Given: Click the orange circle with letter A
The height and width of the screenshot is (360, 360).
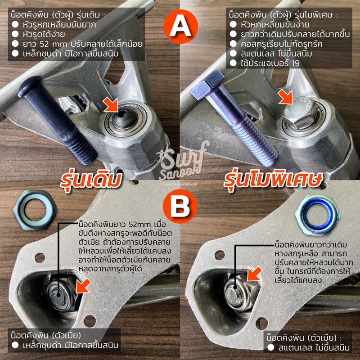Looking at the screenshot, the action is click(x=180, y=27).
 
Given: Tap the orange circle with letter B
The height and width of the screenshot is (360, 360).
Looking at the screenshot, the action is click(x=180, y=206).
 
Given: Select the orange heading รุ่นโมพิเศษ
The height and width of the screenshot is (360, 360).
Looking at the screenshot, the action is click(x=273, y=180).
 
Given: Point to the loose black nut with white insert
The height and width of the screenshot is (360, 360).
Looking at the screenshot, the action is click(x=36, y=210).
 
